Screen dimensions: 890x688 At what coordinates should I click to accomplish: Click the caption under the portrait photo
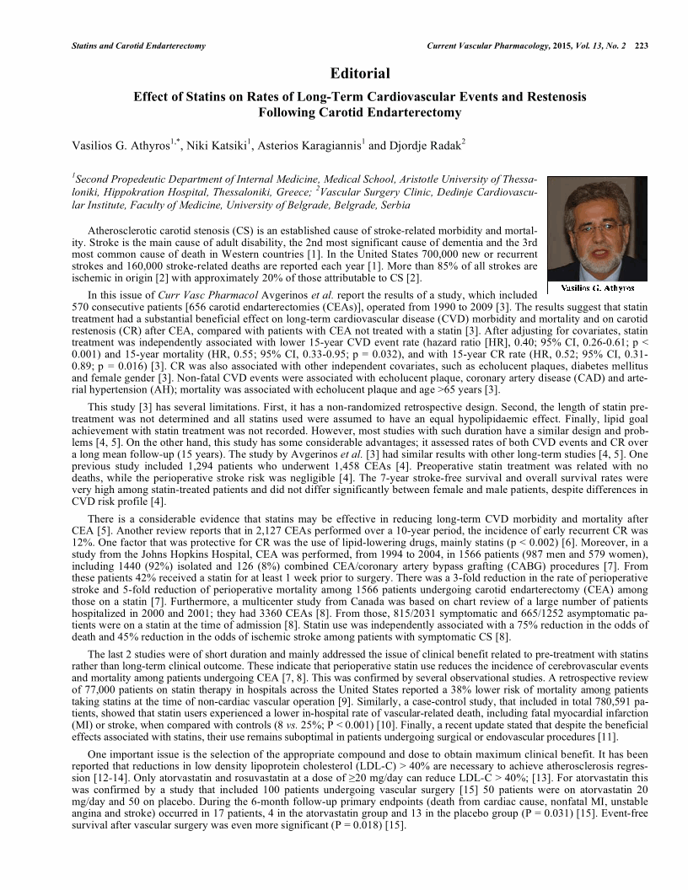[597, 288]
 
